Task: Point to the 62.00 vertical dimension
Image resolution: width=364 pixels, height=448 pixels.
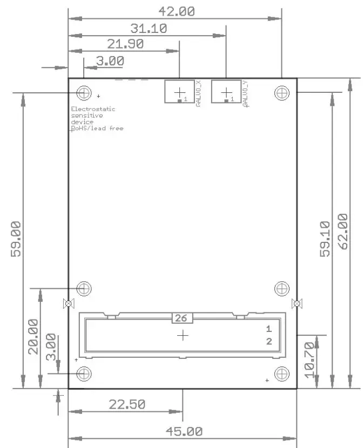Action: [342, 231]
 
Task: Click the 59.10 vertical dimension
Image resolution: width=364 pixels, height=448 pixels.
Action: [324, 239]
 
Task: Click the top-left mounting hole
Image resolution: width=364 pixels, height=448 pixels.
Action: [83, 93]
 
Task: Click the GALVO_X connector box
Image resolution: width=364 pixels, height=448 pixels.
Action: [179, 91]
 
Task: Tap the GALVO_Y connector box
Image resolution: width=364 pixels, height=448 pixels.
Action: [226, 91]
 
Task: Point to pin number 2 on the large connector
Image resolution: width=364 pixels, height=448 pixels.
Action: [268, 341]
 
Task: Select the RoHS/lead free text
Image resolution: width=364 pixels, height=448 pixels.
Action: [98, 128]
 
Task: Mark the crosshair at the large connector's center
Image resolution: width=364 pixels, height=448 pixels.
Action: [183, 335]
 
